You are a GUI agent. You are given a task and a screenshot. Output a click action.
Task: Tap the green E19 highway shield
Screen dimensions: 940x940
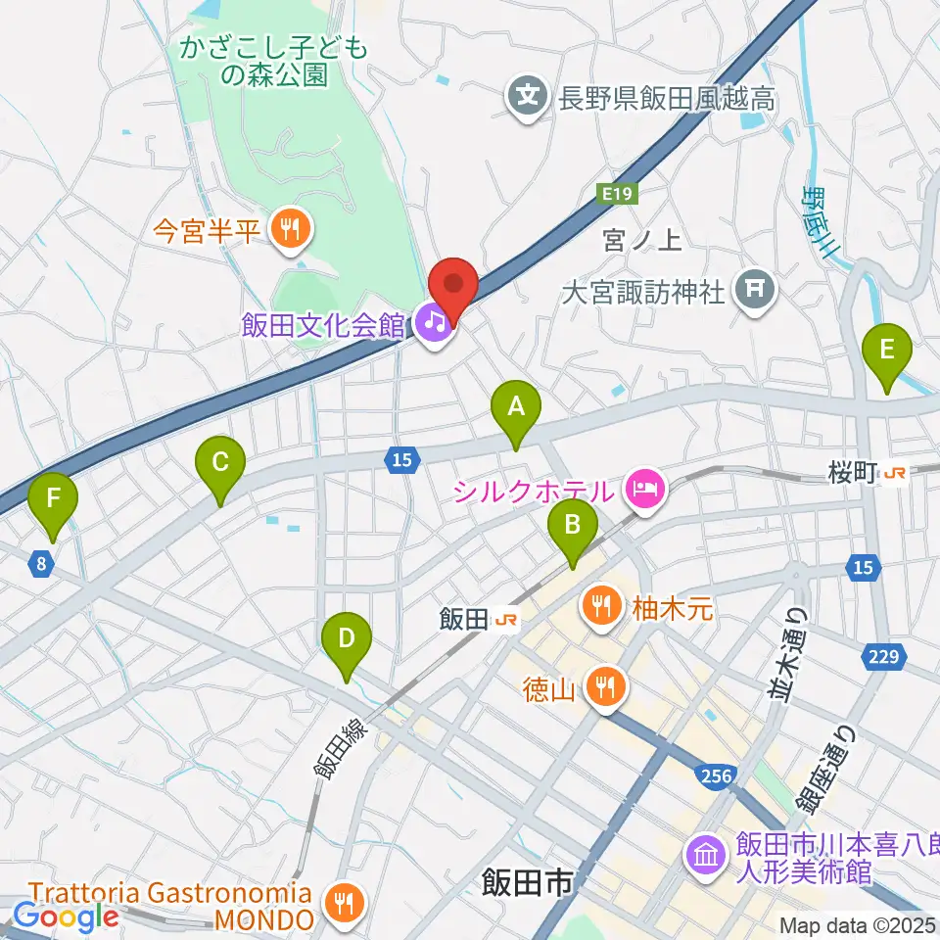coord(617,195)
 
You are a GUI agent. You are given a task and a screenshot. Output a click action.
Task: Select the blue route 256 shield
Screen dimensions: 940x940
coord(717,775)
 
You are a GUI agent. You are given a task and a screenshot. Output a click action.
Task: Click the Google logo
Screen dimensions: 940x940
coord(66,916)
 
